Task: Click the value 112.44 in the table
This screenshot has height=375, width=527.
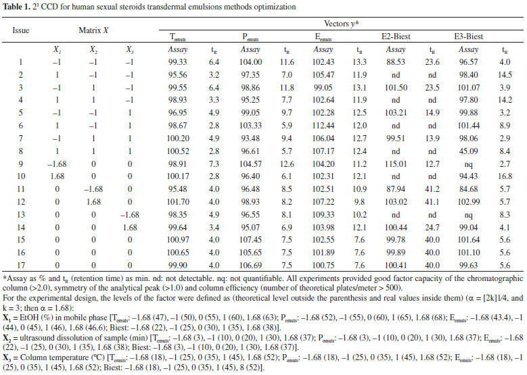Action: click(x=323, y=126)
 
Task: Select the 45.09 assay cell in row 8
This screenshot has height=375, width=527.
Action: click(x=468, y=151)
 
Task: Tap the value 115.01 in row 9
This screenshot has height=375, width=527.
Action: click(x=396, y=164)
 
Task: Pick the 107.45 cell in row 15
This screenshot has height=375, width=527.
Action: click(x=250, y=240)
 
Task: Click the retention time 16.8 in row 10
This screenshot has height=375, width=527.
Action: click(x=505, y=176)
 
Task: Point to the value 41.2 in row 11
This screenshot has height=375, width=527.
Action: click(x=432, y=189)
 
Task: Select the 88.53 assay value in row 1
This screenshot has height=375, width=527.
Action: click(x=396, y=62)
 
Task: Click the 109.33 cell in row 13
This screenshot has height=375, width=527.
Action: click(x=323, y=214)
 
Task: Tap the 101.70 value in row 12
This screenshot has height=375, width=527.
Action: click(x=178, y=202)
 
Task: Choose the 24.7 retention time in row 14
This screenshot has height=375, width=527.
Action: click(x=432, y=227)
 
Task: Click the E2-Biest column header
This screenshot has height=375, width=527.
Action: click(x=396, y=36)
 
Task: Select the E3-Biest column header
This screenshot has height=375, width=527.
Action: click(x=469, y=36)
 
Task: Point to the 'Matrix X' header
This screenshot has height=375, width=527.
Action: click(x=93, y=30)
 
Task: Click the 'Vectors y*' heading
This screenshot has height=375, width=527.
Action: click(x=341, y=24)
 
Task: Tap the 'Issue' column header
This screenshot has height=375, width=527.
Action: click(x=21, y=30)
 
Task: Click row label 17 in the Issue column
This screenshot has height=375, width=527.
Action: click(x=21, y=266)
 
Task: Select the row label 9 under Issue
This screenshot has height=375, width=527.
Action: click(x=21, y=164)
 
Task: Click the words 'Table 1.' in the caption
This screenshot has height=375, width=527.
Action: click(x=16, y=7)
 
